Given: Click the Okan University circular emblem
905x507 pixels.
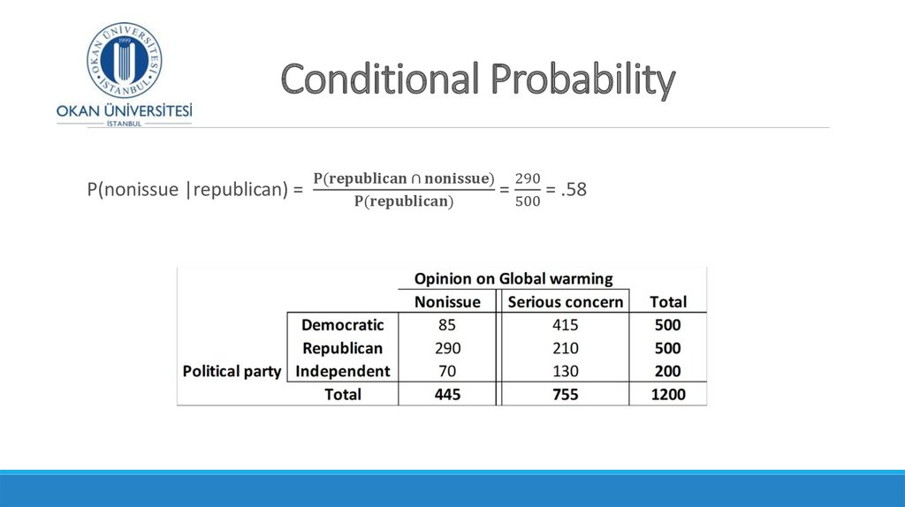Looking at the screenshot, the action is (124, 60).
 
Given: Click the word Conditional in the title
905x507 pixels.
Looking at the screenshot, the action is (380, 79).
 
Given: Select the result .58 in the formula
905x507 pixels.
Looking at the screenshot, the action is (574, 189).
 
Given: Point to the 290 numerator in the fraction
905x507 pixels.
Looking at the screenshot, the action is (528, 178).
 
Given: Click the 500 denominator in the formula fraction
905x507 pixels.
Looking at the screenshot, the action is (528, 201).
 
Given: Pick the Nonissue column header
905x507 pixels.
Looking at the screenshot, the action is (447, 302).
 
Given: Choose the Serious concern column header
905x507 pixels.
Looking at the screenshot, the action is (565, 302).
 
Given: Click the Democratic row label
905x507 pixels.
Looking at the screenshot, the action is (342, 325).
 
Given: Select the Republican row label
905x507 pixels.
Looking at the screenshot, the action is (342, 348).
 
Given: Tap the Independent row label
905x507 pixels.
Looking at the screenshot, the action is (342, 371).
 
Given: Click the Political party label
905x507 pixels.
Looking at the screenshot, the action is (232, 372).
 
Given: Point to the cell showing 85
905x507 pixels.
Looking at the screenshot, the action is (446, 325).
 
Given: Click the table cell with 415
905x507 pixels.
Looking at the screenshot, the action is (565, 325).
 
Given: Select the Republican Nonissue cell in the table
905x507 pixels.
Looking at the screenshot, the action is (447, 348).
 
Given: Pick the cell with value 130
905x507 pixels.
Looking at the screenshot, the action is (565, 371).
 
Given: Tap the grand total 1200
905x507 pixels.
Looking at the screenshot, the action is (668, 395).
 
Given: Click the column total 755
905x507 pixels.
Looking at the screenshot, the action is (565, 395).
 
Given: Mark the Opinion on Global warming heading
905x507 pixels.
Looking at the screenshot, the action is (513, 278).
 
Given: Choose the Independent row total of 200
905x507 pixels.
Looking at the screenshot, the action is (668, 371).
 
